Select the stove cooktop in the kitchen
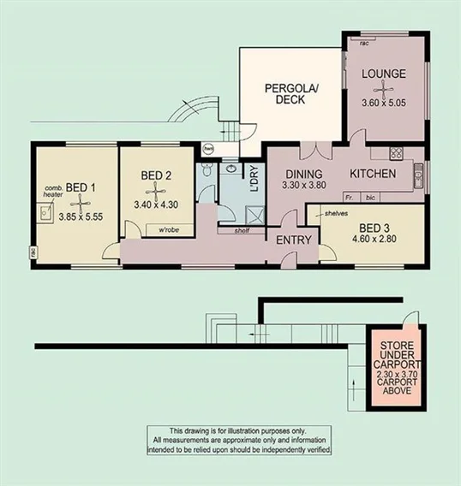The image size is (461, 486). click(x=397, y=154)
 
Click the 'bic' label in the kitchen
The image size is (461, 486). click(x=369, y=196)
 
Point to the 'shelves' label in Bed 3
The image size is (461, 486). click(x=335, y=213)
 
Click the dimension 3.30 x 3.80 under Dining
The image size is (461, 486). click(x=306, y=186)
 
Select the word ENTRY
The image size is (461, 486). click(x=293, y=240)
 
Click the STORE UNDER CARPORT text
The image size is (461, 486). click(x=395, y=358)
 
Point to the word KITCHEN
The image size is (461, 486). click(x=372, y=174)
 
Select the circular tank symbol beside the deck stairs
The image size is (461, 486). click(x=207, y=147)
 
